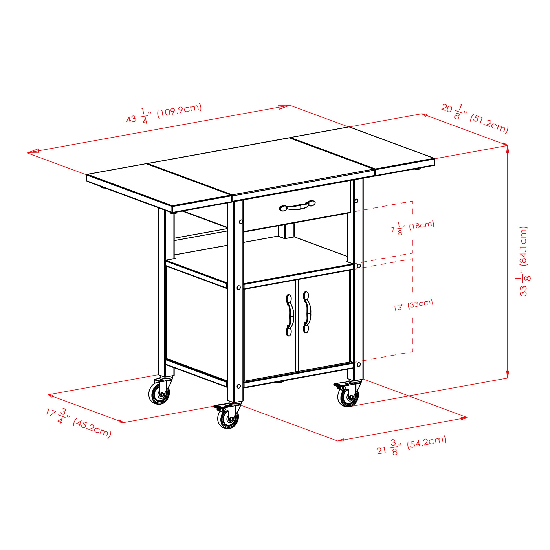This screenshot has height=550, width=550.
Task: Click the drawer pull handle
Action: click(297, 205)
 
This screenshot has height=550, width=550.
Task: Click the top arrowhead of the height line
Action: click(508, 148)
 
